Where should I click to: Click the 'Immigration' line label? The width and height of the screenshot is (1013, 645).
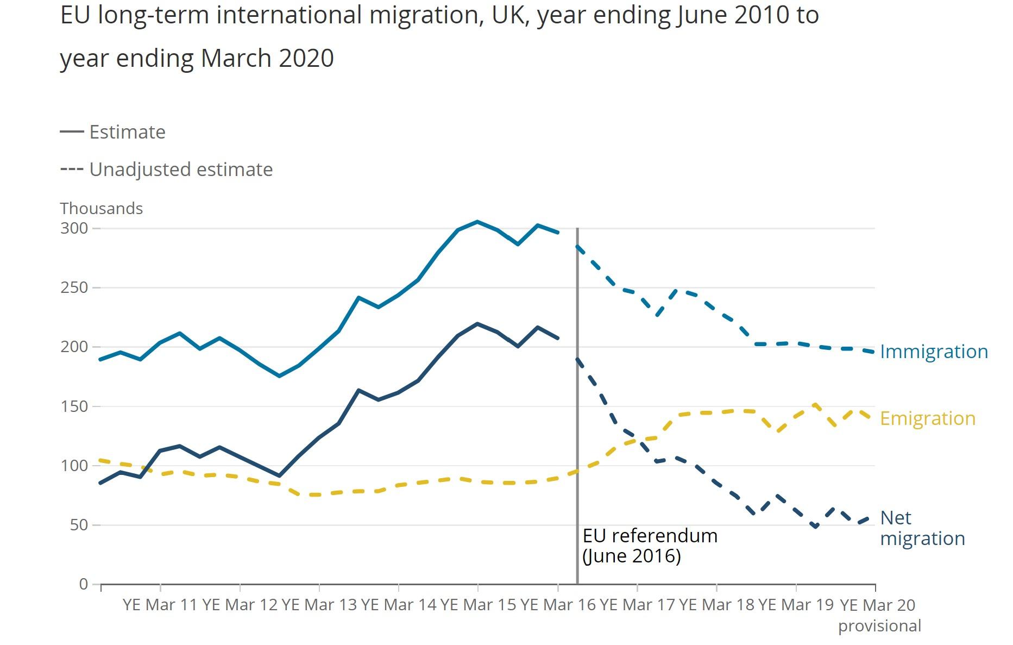point(933,352)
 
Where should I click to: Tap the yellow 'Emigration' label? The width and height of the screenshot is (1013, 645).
point(927,418)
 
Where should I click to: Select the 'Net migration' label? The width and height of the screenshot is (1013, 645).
point(922,528)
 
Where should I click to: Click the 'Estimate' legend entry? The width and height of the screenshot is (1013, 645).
point(127,132)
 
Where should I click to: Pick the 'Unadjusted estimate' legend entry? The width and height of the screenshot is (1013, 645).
point(180,170)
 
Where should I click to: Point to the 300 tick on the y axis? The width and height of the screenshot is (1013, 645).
point(74,228)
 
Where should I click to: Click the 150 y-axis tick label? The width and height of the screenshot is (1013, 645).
point(74,406)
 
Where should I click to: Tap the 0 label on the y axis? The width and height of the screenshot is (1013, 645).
point(83,584)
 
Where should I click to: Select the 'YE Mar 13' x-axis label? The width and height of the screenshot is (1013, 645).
point(319,605)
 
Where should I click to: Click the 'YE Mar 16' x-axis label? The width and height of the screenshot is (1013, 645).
point(558,605)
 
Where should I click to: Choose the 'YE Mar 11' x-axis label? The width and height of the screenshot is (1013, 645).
point(160,605)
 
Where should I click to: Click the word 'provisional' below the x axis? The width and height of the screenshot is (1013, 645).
point(879,626)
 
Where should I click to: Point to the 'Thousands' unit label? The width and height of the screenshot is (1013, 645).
point(101,209)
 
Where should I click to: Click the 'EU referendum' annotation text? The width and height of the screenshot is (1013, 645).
point(650,536)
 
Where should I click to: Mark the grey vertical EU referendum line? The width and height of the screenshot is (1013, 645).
point(577,408)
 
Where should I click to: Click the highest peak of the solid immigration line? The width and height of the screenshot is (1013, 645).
point(477,221)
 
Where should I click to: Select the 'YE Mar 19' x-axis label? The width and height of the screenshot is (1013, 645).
point(796,605)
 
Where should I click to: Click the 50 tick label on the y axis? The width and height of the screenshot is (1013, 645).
point(79,525)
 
